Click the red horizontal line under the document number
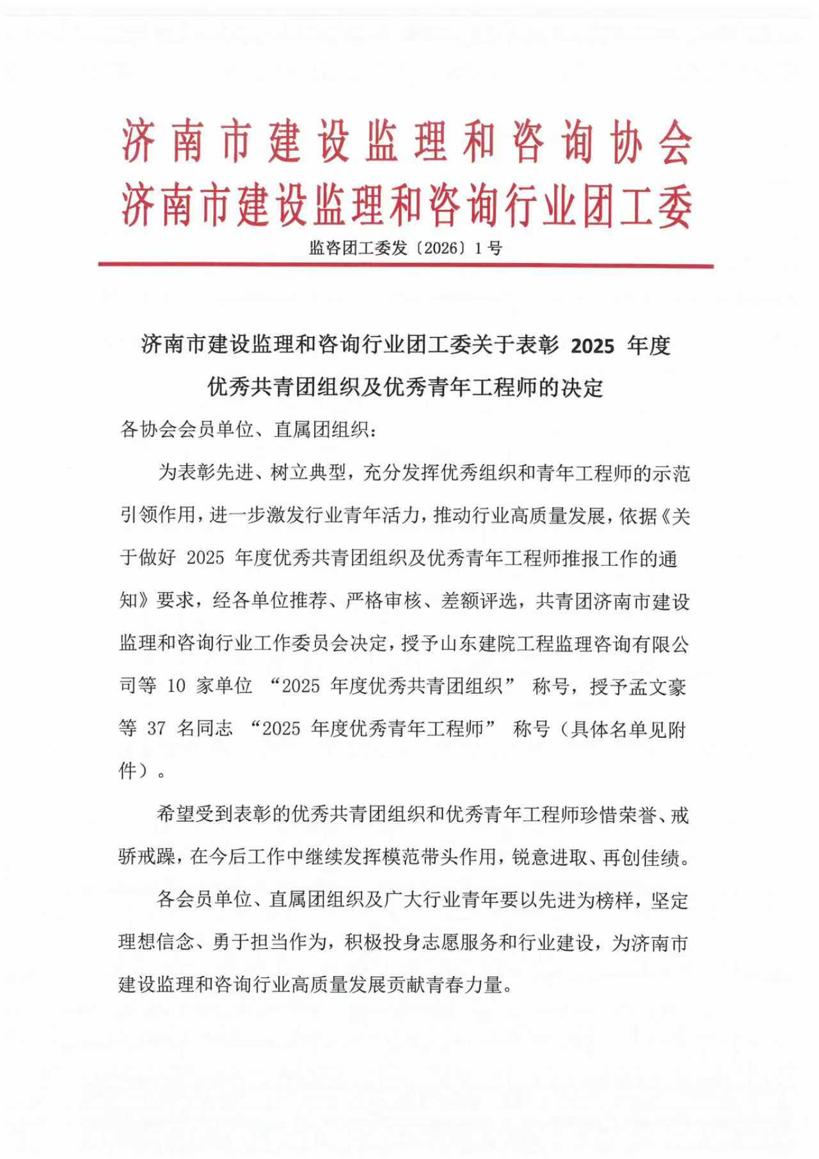[x=406, y=266]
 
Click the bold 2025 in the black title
[x=592, y=346]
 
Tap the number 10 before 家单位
[x=176, y=686]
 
